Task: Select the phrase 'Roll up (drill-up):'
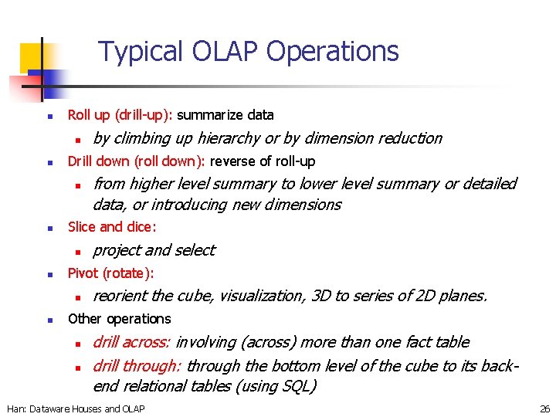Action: coord(121,115)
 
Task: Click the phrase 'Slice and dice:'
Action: coord(112,227)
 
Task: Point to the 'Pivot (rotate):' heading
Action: coord(111,273)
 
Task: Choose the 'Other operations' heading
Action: coord(120,318)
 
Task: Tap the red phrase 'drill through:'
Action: coord(137,365)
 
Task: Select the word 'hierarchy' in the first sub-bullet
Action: coord(229,138)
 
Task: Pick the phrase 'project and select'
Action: coord(154,250)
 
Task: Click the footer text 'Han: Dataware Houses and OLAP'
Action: coord(75,409)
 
